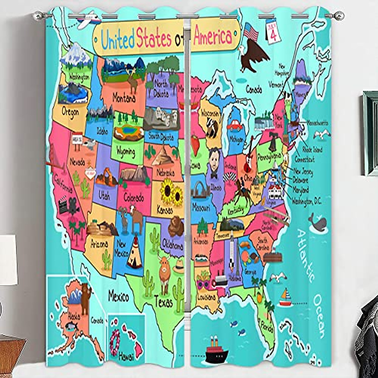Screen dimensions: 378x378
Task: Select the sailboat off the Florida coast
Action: [x=286, y=298]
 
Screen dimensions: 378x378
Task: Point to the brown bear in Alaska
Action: [x=85, y=298]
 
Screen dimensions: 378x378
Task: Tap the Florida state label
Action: [x=266, y=328]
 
